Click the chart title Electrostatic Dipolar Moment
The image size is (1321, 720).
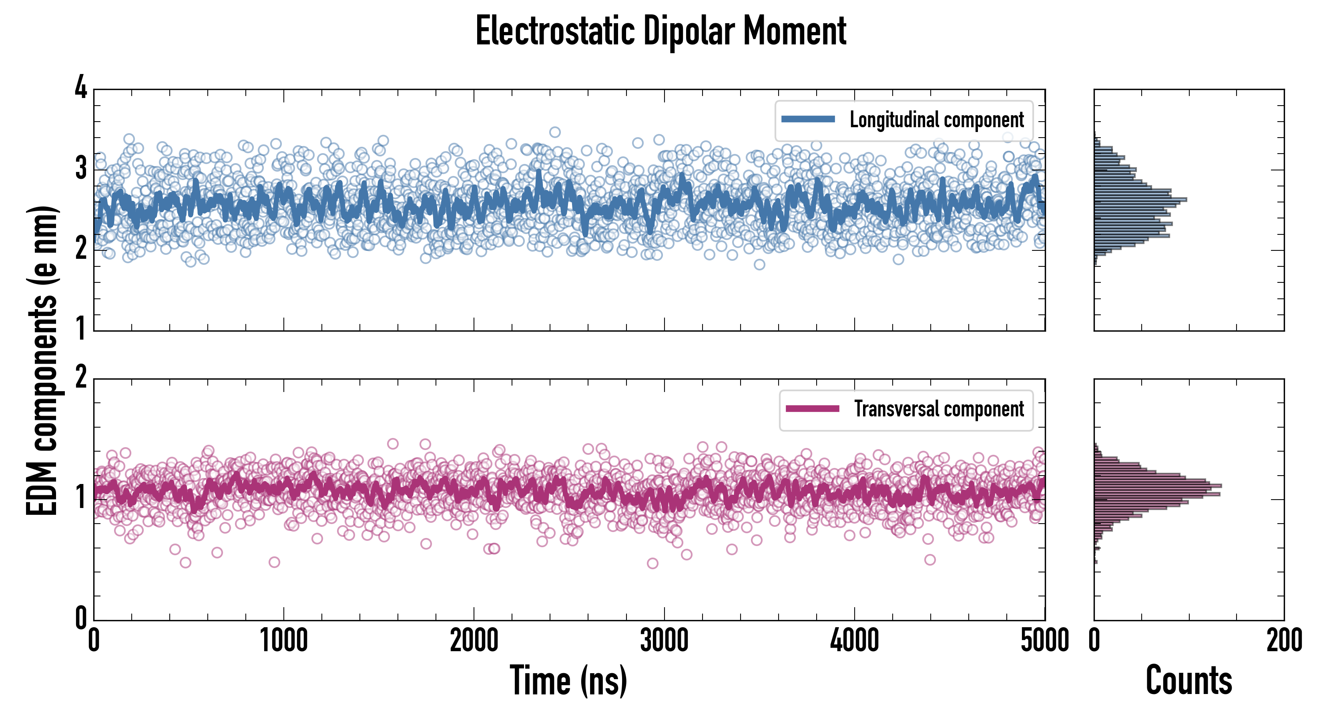click(x=660, y=31)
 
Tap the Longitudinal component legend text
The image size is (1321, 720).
click(x=936, y=120)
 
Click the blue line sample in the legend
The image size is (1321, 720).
click(x=808, y=120)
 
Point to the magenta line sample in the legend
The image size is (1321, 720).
click(x=812, y=409)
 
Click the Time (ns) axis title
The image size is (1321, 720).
click(x=568, y=680)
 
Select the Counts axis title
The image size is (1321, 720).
click(x=1188, y=680)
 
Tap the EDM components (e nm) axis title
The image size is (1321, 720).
click(x=42, y=361)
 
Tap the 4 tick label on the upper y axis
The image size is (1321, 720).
click(x=81, y=88)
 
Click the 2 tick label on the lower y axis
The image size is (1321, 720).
click(x=81, y=378)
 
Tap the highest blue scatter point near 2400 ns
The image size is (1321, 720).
click(x=554, y=132)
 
